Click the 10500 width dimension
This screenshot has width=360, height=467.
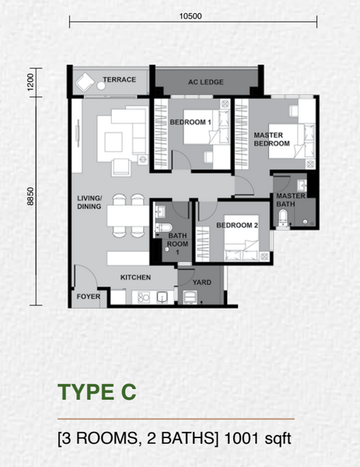click(x=190, y=16)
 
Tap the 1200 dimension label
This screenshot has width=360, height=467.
click(x=30, y=82)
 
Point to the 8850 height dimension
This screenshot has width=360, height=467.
click(x=30, y=196)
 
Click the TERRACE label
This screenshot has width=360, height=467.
click(x=119, y=79)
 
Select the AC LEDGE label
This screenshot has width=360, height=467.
click(x=205, y=82)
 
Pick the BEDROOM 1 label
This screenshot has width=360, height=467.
click(x=190, y=122)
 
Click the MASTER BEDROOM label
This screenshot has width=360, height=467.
click(x=271, y=139)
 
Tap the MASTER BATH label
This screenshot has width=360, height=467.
click(x=291, y=200)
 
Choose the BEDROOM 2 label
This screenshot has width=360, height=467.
click(x=237, y=226)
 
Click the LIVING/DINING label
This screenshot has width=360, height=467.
click(x=89, y=202)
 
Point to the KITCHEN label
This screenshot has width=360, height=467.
click(x=135, y=278)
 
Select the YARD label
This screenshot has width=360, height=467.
click(x=201, y=283)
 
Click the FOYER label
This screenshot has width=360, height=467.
click(x=89, y=297)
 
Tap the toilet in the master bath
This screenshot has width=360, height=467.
click(x=283, y=218)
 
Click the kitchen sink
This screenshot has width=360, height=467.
click(x=162, y=297)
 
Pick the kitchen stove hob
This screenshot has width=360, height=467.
click(x=143, y=297)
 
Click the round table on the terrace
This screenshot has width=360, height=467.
click(x=101, y=86)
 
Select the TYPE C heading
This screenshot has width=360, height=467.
click(x=97, y=392)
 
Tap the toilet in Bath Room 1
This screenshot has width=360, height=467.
click(x=163, y=228)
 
